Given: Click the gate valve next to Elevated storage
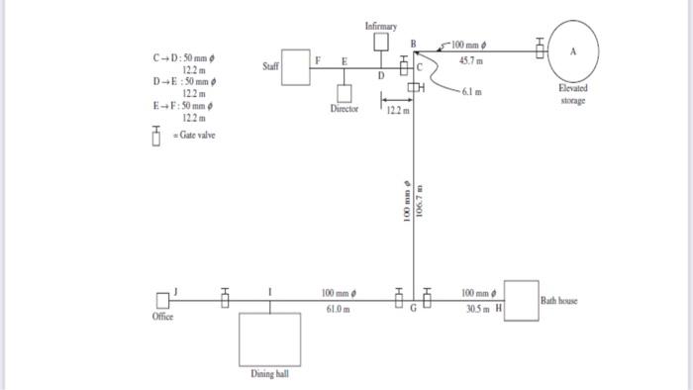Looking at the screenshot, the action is tap(540, 49).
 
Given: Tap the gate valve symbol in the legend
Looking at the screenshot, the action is tap(156, 136).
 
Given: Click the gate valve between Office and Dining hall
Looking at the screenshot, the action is tap(225, 298).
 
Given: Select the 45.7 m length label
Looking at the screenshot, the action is tap(471, 61).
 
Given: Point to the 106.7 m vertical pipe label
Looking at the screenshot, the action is tap(420, 201).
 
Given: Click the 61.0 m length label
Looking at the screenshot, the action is tap(339, 309).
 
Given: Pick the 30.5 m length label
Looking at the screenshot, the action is tap(478, 309).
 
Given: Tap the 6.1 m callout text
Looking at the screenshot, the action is tap(472, 92).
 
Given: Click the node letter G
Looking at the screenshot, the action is tap(413, 308).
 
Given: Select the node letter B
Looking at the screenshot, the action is tap(413, 44).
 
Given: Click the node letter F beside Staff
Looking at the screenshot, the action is tap(318, 60).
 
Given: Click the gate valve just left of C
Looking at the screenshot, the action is tap(404, 65).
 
